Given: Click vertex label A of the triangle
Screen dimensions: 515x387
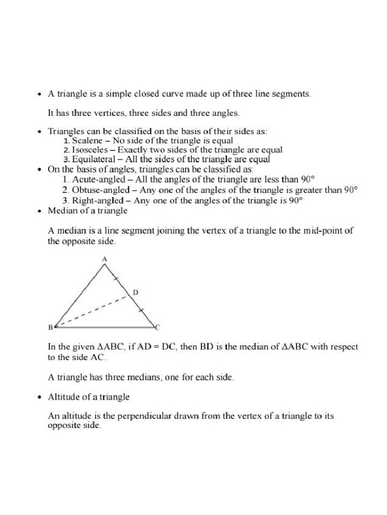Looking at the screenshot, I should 104,259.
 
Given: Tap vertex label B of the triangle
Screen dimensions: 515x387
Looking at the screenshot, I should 50,328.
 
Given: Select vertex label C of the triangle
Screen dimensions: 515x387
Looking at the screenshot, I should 157,328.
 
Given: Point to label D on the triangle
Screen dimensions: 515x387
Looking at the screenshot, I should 135,292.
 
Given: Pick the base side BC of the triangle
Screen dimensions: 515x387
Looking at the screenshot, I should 103,327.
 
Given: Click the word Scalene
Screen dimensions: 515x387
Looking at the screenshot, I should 87,140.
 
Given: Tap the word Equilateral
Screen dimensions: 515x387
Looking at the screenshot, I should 93,159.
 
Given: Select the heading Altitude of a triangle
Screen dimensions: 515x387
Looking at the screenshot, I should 89,397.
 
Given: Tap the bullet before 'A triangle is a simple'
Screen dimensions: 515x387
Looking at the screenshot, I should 40,94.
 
